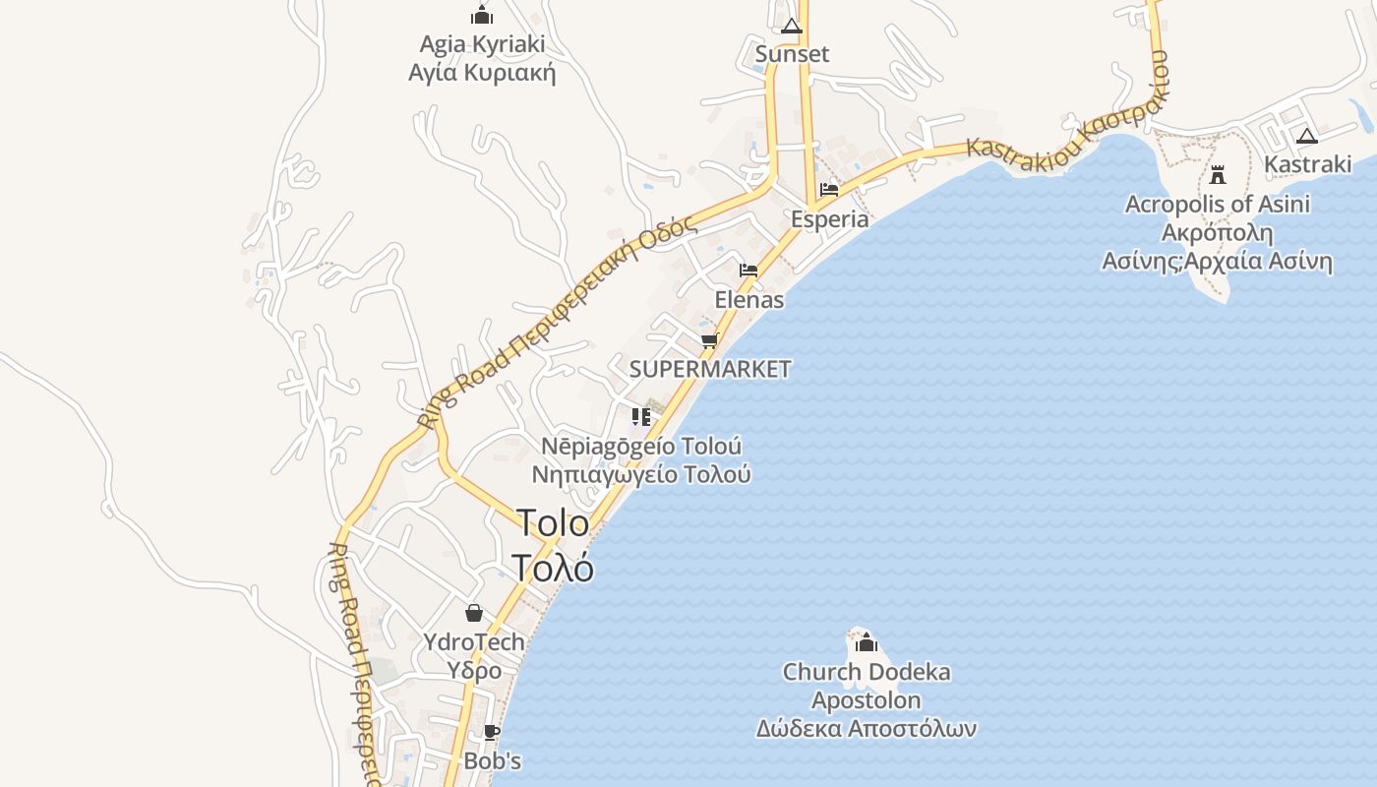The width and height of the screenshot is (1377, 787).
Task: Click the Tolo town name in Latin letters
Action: click(x=553, y=522)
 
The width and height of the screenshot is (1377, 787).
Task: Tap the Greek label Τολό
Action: click(x=553, y=568)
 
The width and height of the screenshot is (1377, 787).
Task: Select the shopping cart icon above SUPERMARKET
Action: click(x=709, y=341)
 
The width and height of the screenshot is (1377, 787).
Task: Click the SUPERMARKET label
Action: click(x=709, y=369)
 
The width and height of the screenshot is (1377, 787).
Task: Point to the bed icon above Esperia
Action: click(x=829, y=190)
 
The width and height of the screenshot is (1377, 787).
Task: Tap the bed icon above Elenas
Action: click(x=748, y=271)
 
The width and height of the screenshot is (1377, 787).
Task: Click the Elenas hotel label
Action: click(x=749, y=299)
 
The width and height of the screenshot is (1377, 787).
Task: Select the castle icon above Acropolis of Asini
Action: click(x=1218, y=175)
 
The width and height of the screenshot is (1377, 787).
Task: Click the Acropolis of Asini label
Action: click(x=1218, y=205)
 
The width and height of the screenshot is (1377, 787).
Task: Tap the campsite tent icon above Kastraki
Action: click(x=1306, y=136)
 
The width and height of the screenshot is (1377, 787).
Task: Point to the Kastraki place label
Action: click(x=1307, y=164)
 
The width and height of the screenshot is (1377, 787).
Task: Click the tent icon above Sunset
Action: click(x=792, y=26)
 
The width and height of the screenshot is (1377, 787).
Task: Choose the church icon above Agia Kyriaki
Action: click(x=482, y=15)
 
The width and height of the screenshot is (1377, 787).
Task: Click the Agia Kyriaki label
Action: click(x=482, y=44)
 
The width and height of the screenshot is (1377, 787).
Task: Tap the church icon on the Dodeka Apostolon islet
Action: click(x=867, y=643)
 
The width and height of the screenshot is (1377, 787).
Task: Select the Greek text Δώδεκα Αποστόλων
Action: click(x=866, y=729)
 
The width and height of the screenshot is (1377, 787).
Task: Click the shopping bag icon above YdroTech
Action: click(x=474, y=613)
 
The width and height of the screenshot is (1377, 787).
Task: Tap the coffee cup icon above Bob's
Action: click(x=492, y=733)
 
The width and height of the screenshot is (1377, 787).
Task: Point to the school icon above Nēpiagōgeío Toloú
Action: click(x=641, y=417)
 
